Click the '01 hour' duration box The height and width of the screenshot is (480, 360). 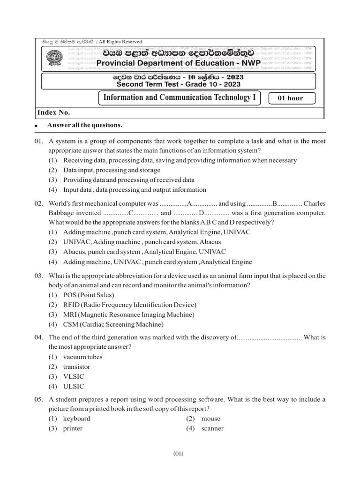point(291,98)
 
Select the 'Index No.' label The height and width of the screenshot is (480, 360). point(54,112)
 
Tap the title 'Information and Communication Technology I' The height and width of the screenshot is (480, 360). point(178,97)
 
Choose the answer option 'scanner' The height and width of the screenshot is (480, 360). point(212,428)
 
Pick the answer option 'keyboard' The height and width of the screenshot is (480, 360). point(76,419)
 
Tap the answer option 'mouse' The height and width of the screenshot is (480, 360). point(210,419)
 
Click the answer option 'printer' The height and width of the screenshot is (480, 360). point(73,428)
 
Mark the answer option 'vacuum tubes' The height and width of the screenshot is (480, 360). point(82,357)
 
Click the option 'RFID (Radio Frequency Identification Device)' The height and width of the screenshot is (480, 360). point(124,305)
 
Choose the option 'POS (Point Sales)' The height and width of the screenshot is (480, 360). point(89,295)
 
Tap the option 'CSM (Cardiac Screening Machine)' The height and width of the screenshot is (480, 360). point(113,324)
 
